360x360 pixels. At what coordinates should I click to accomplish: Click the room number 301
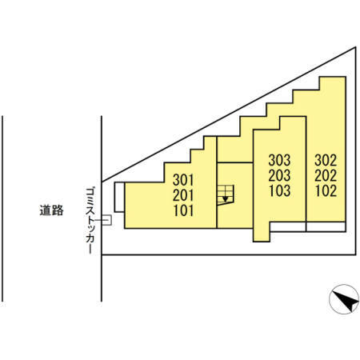183,180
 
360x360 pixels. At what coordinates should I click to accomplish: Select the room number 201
183,195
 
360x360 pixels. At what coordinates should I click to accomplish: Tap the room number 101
183,210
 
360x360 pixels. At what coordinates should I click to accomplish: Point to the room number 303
279,160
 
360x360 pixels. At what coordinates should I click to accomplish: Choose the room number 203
279,175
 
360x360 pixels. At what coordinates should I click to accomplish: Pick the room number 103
279,190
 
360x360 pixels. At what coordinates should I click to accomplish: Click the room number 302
326,160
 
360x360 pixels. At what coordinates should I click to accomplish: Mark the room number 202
326,175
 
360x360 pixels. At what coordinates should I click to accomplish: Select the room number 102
326,190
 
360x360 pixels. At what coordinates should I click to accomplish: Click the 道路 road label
52,210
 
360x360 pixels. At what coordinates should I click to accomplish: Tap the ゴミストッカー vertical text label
90,220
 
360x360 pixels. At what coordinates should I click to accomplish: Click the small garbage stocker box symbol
106,220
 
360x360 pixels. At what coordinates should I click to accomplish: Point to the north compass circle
344,299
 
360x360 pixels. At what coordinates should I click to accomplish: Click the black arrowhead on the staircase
226,198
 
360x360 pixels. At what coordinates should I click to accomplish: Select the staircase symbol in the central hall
226,195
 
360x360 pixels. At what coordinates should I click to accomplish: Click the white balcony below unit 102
326,226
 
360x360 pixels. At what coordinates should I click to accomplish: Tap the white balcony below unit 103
288,226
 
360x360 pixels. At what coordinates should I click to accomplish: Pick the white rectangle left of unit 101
119,197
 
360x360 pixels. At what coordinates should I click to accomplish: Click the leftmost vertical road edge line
2,209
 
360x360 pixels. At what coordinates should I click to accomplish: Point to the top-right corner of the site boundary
356,47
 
